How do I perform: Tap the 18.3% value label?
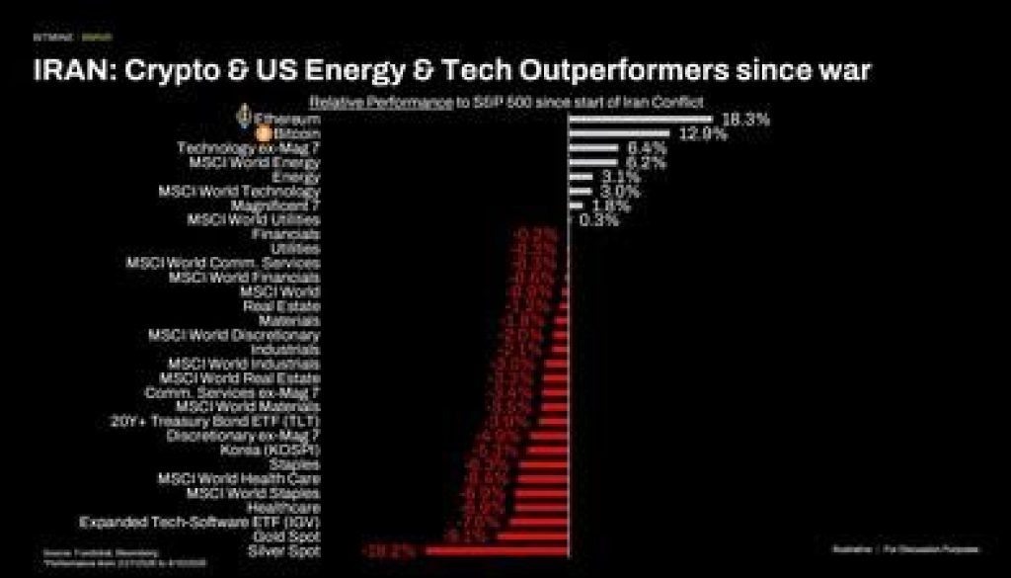[x=746, y=120]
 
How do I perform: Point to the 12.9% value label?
[x=703, y=134]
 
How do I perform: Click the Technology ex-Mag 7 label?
[x=248, y=148]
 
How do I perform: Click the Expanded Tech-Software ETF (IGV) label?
[x=199, y=521]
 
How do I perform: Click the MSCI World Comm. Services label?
[x=222, y=263]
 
